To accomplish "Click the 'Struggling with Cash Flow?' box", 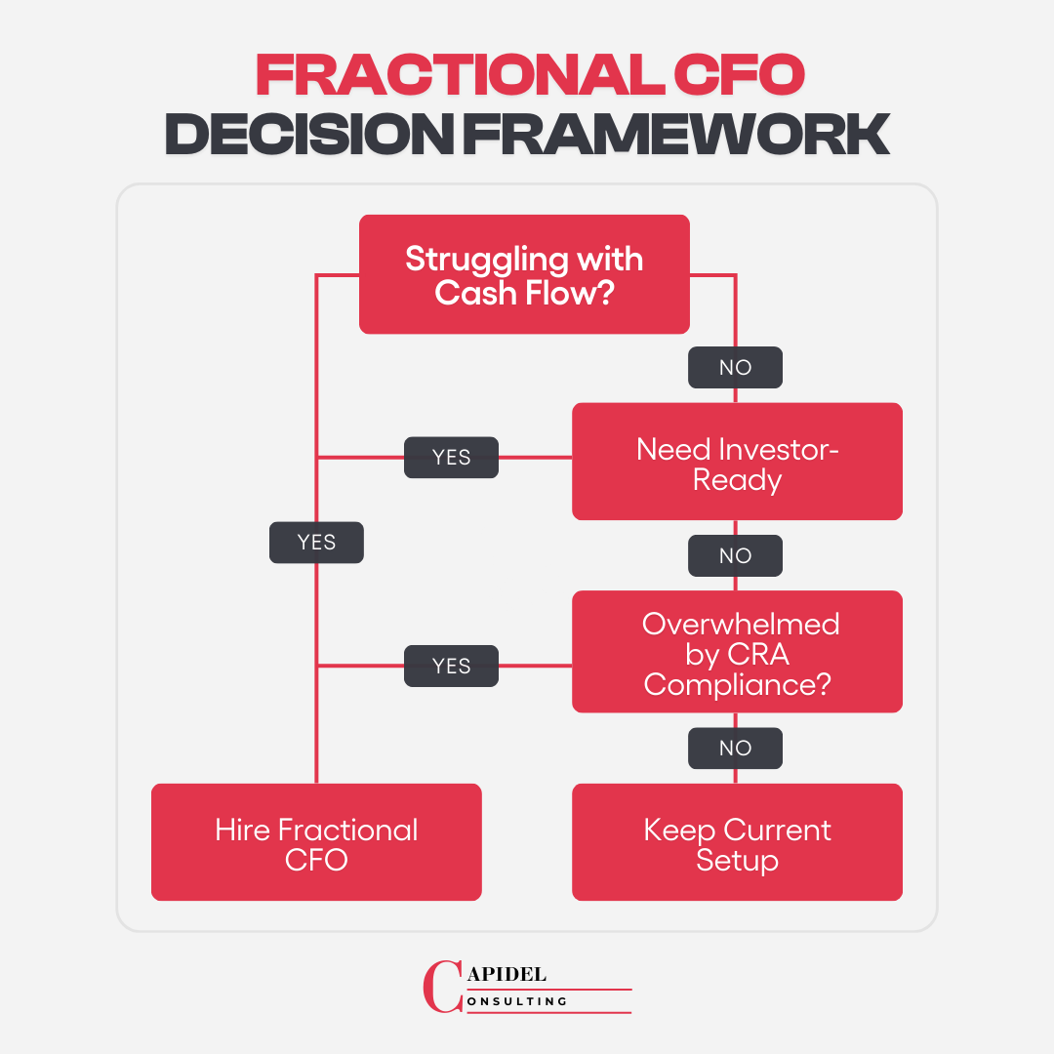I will tap(524, 274).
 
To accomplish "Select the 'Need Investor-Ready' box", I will tap(737, 462).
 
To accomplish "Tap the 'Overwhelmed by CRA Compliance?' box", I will tap(737, 651).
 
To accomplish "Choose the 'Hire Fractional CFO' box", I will tap(316, 842).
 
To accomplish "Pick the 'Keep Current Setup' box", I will tap(737, 842).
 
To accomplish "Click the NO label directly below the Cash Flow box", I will tap(735, 367).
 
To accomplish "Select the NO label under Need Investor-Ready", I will tap(735, 555).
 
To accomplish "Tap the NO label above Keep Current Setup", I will tap(735, 748).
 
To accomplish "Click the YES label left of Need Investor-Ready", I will tap(451, 457).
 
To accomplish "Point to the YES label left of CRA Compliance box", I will tap(451, 666).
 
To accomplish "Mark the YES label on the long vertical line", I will tap(316, 543).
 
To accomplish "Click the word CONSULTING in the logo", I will tap(516, 1001).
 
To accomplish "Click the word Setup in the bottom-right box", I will tap(737, 861).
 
